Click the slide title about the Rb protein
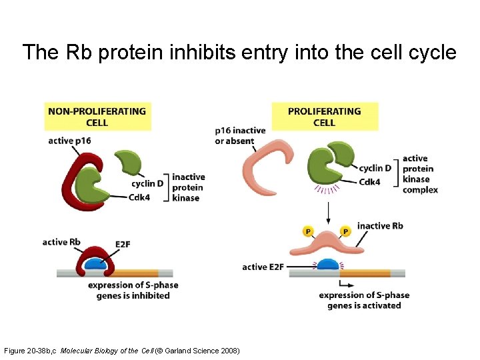coord(239,52)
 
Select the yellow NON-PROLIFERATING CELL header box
coord(97,117)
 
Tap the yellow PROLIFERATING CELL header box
coord(324,117)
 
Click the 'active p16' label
coord(69,141)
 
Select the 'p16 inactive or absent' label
coord(240,135)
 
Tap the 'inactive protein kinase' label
coord(188,187)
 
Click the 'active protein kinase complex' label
coord(420,174)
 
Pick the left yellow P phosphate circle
coord(307,231)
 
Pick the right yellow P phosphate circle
coord(345,231)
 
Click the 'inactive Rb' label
coord(380,226)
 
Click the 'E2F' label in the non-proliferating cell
coord(123,245)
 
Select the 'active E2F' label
coord(263,267)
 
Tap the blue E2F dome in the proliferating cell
coord(327,265)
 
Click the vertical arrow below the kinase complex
coord(327,212)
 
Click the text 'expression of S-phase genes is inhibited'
coord(133,290)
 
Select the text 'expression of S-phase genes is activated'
coord(364,300)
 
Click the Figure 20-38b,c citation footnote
coord(122,351)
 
